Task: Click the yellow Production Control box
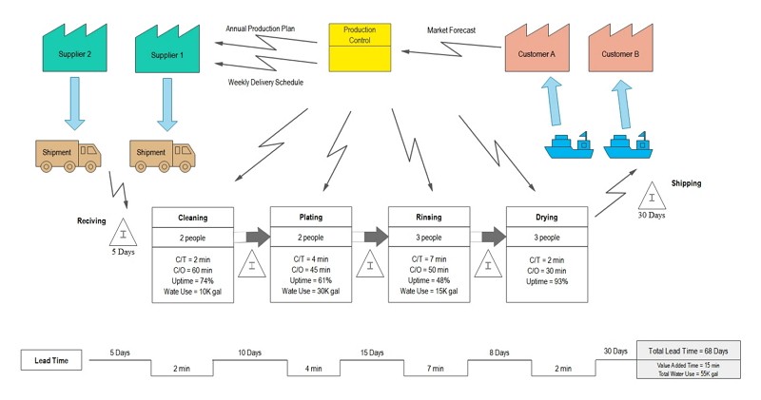[x=360, y=48]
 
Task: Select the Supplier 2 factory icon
[x=75, y=51]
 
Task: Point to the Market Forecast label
[x=451, y=30]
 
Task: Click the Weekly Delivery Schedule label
[x=265, y=83]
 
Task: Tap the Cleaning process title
[x=192, y=218]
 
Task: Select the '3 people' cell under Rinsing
[x=429, y=238]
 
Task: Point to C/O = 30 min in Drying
[x=546, y=270]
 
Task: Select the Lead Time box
[x=49, y=360]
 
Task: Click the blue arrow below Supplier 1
[x=167, y=104]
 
